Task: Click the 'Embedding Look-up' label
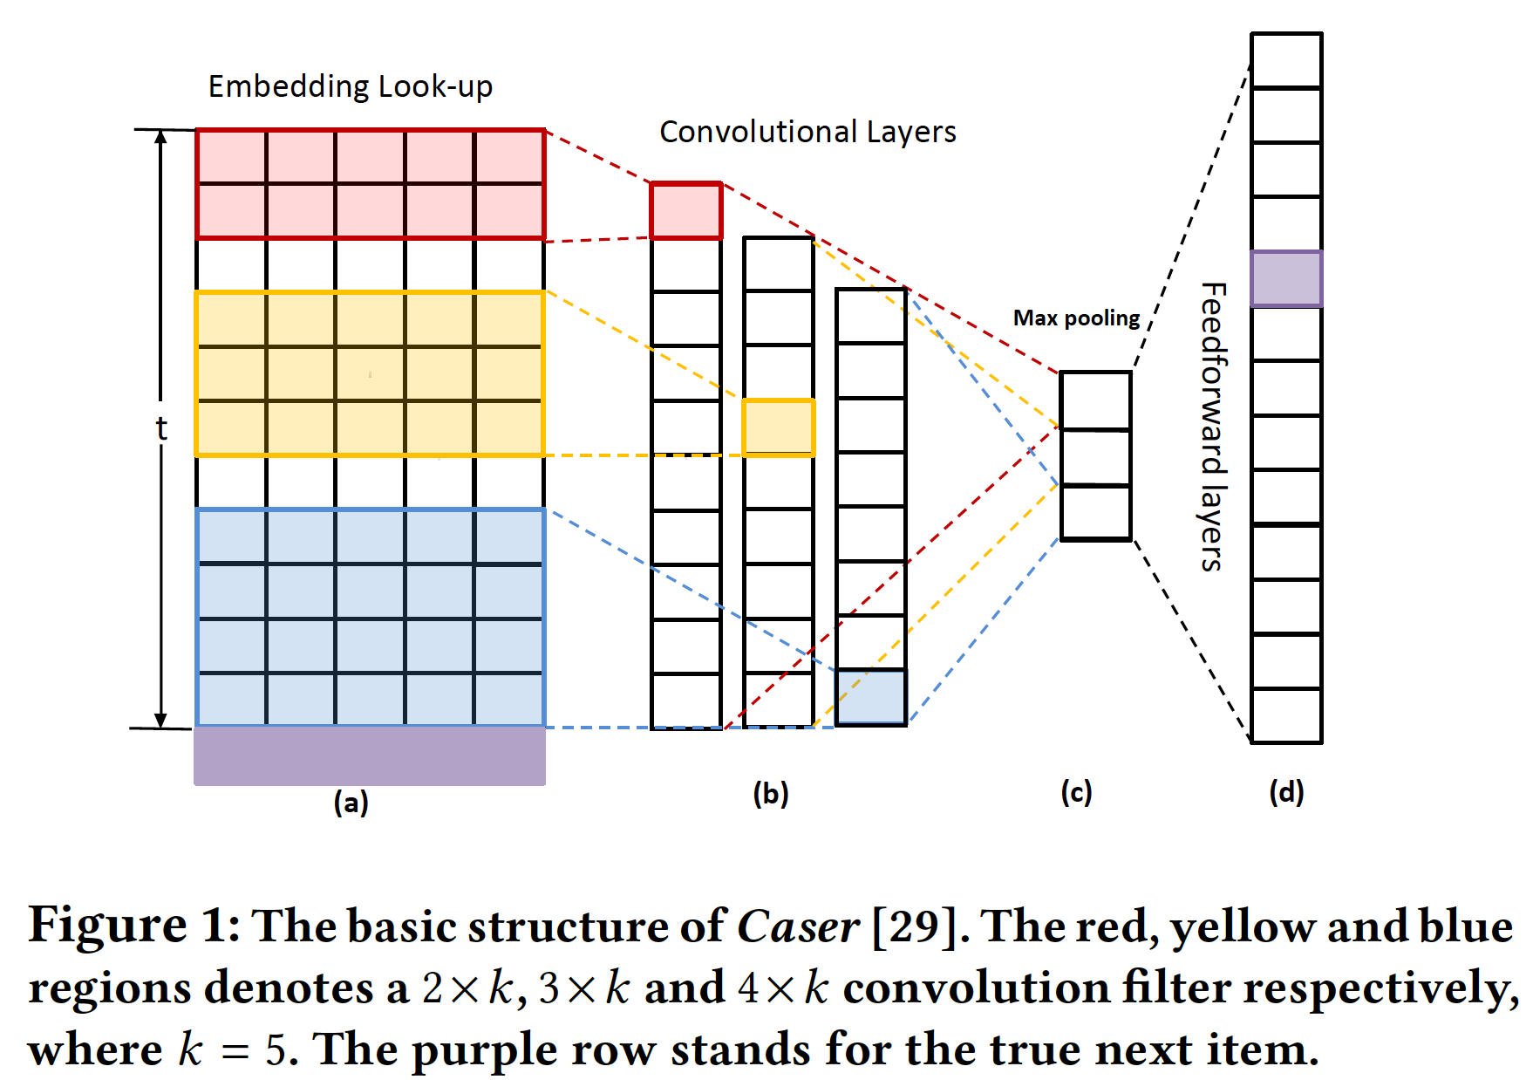tap(351, 86)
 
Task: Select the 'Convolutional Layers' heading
tap(807, 132)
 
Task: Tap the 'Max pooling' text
tap(1076, 318)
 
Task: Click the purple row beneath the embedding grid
tap(370, 756)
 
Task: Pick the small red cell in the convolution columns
tap(686, 210)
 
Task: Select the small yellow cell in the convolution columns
tap(779, 427)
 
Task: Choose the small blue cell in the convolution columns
tap(871, 697)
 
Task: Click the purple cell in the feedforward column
tap(1286, 279)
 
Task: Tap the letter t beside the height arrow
tap(161, 429)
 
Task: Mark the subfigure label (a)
tap(351, 803)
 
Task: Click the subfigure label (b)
tap(771, 794)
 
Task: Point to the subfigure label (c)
tap(1076, 793)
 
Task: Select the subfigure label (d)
tap(1286, 793)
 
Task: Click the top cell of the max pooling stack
tap(1095, 400)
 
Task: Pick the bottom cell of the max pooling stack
tap(1095, 513)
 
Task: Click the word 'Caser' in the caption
tap(798, 926)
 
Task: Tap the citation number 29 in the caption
tap(914, 926)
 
